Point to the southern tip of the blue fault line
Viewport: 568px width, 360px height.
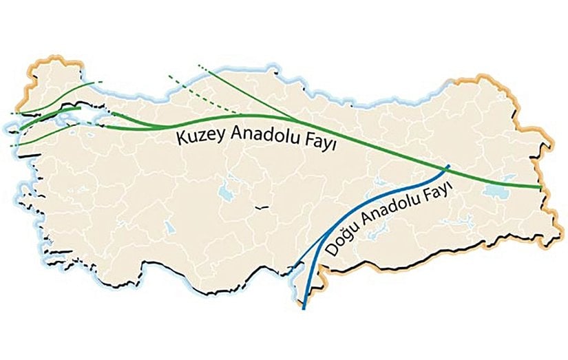pyautogui.click(x=304, y=308)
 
